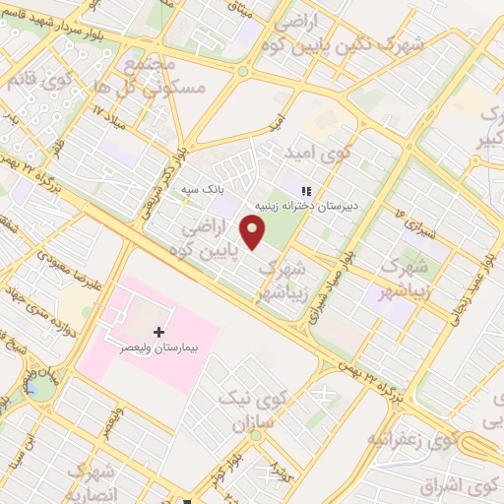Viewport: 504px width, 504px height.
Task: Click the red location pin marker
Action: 254,232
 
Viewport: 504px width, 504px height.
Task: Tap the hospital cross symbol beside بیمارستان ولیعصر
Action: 159,333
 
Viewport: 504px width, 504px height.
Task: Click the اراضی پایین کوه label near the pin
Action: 206,239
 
